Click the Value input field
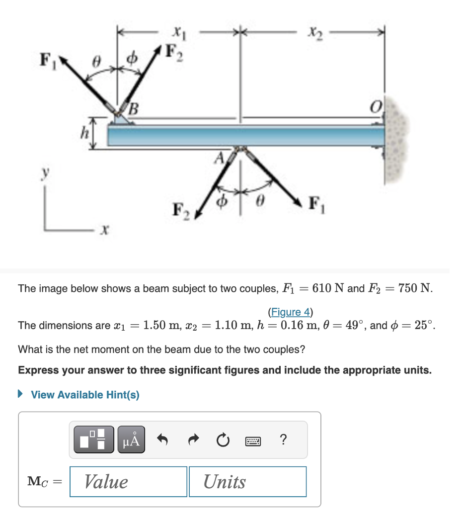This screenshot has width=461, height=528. point(128,481)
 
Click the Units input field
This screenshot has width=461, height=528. point(247,481)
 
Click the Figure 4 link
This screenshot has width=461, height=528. point(290,312)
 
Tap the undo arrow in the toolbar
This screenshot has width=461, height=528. point(162,440)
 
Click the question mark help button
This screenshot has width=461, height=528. point(283,440)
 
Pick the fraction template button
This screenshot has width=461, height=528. point(94,440)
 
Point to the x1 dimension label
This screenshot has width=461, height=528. point(176,33)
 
